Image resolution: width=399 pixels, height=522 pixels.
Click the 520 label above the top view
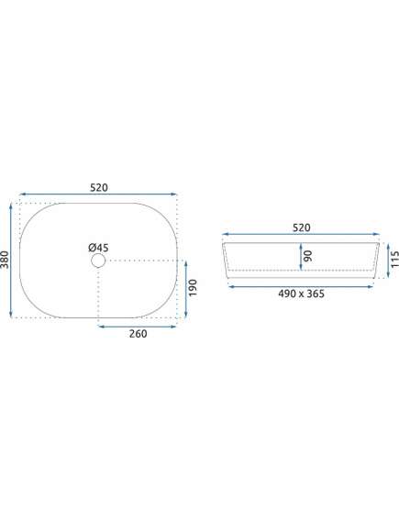pyautogui.click(x=99, y=188)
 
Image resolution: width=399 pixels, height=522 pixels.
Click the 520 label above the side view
pyautogui.click(x=302, y=228)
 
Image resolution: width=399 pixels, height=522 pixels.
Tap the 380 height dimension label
pyautogui.click(x=5, y=260)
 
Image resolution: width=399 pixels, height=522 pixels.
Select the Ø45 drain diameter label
pyautogui.click(x=98, y=248)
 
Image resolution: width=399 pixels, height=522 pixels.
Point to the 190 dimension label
pyautogui.click(x=193, y=288)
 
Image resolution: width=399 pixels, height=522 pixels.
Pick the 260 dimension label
pyautogui.click(x=139, y=334)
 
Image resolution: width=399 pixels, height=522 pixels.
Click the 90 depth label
pyautogui.click(x=308, y=256)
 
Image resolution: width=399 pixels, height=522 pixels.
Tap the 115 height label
pyautogui.click(x=394, y=260)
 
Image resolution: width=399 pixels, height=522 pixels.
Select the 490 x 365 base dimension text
pyautogui.click(x=301, y=294)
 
